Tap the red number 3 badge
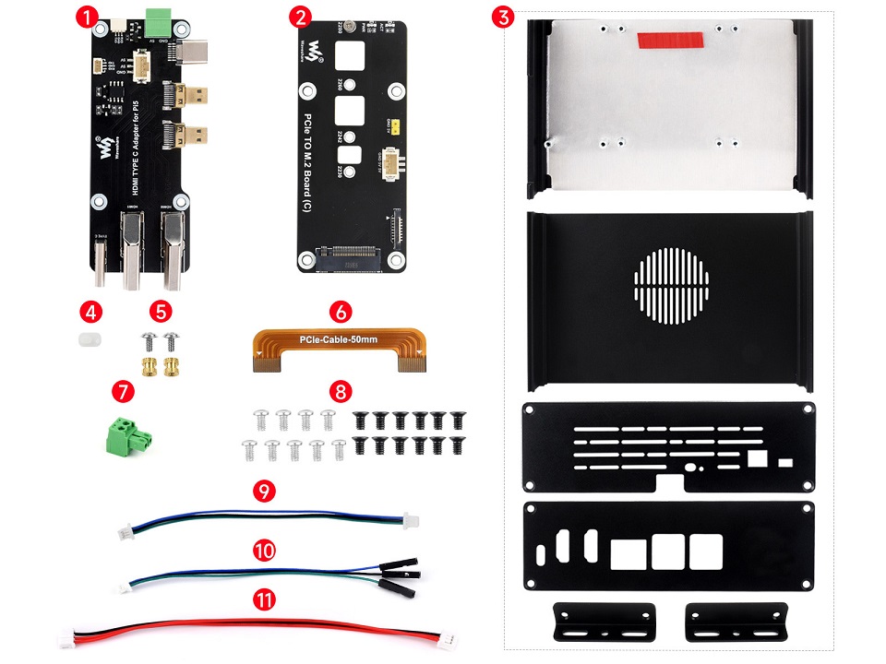501,17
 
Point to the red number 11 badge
264,600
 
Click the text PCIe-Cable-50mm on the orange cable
340,342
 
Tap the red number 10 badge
264,551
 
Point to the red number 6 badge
340,311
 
